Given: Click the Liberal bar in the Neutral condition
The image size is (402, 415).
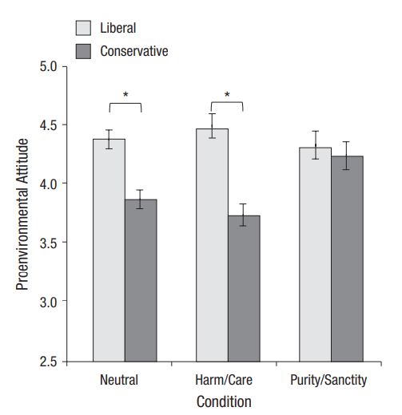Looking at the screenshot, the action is (x=109, y=251).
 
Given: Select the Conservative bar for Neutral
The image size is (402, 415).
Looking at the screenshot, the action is (x=141, y=280).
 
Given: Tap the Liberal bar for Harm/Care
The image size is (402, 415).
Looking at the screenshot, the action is (x=212, y=245).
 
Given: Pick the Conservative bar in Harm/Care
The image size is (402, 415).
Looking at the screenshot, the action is (x=244, y=289).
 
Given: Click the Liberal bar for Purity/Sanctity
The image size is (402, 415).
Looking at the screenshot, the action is (x=315, y=255).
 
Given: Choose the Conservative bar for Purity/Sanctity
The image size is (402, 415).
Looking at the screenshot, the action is (x=347, y=259).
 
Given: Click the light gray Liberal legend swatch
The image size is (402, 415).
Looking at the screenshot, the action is (x=83, y=28).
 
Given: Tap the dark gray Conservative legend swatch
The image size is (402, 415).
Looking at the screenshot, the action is (x=83, y=51).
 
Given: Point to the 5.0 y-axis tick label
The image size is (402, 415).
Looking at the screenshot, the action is (x=49, y=66).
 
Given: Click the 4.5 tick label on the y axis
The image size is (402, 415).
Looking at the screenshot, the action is (x=49, y=125).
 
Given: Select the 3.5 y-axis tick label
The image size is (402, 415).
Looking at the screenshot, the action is (x=49, y=243).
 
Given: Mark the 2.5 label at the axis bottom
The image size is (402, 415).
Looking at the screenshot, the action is (x=49, y=362).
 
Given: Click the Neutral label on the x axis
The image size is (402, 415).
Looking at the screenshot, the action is (x=119, y=380).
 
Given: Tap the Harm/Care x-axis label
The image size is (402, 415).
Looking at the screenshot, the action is (x=224, y=380).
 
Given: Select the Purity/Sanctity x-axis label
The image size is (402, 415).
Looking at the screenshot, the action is (x=328, y=381).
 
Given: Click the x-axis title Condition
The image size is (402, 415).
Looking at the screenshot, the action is (x=224, y=401).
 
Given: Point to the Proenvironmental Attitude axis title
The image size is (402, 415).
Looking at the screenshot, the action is (x=22, y=215).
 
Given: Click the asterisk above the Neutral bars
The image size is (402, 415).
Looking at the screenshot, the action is (x=125, y=94).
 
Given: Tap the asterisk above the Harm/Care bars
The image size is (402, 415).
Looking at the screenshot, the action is (x=227, y=94).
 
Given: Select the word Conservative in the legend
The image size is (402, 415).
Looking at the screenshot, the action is (x=134, y=51).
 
